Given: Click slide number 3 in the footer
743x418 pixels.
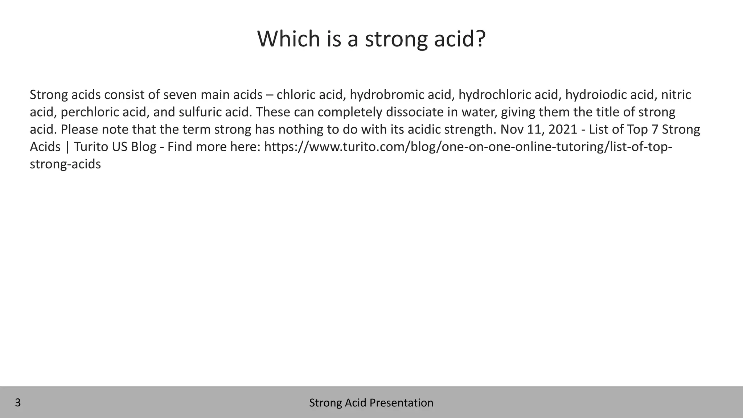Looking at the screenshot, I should (x=18, y=403).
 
